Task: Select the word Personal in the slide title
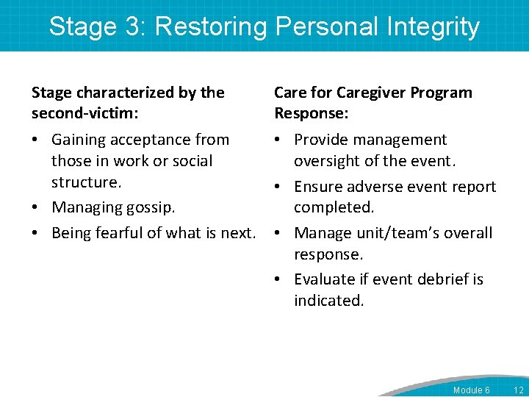click(x=324, y=26)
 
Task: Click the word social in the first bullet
click(x=190, y=161)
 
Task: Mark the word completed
click(x=334, y=208)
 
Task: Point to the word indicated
click(x=328, y=301)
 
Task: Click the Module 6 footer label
click(x=471, y=390)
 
